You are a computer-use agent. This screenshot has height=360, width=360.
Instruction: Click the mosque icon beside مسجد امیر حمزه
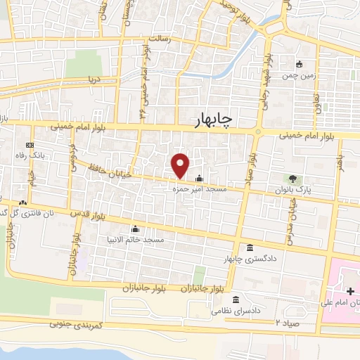(199, 179)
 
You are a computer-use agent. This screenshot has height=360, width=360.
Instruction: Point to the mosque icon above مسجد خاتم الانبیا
(134, 229)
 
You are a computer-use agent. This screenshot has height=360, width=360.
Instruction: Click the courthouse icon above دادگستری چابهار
(251, 248)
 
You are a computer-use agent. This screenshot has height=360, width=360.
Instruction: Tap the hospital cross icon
(349, 290)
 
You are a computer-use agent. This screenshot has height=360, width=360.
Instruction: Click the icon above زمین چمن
(300, 65)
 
